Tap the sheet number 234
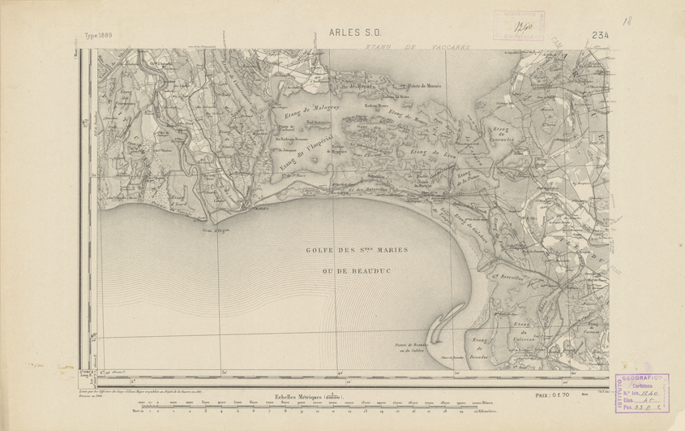(x=600, y=35)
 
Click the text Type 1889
(x=100, y=37)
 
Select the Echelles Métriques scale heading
(x=307, y=396)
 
